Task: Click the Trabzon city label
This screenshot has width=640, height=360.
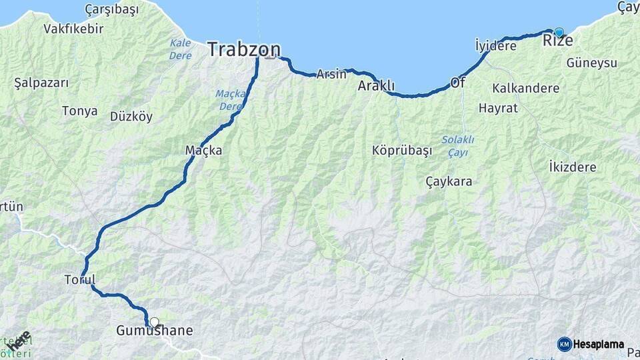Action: pyautogui.click(x=243, y=49)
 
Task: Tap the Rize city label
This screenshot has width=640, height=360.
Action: pyautogui.click(x=558, y=41)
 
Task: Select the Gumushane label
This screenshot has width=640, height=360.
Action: pyautogui.click(x=155, y=331)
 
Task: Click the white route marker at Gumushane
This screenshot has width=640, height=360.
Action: pyautogui.click(x=155, y=323)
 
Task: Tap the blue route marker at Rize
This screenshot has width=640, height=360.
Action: pyautogui.click(x=559, y=31)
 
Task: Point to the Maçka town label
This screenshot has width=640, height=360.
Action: pyautogui.click(x=203, y=151)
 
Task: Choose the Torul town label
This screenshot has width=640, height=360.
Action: pyautogui.click(x=80, y=279)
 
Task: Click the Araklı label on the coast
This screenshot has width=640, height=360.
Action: pyautogui.click(x=377, y=86)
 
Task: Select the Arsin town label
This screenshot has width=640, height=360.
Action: pyautogui.click(x=331, y=74)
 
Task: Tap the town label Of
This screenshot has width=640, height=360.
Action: pyautogui.click(x=457, y=83)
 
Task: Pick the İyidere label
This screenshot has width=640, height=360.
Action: pyautogui.click(x=495, y=46)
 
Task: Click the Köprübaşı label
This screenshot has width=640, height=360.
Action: pyautogui.click(x=402, y=151)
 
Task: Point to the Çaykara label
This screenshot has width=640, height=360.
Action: pyautogui.click(x=449, y=181)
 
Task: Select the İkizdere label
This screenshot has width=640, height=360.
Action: pyautogui.click(x=572, y=167)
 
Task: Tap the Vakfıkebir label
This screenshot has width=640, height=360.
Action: pyautogui.click(x=73, y=29)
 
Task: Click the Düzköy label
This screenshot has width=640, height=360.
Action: pyautogui.click(x=131, y=117)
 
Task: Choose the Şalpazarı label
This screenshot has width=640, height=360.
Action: pyautogui.click(x=41, y=83)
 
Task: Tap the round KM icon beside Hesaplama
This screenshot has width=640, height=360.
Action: pyautogui.click(x=564, y=344)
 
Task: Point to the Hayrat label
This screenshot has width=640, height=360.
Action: pyautogui.click(x=498, y=107)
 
